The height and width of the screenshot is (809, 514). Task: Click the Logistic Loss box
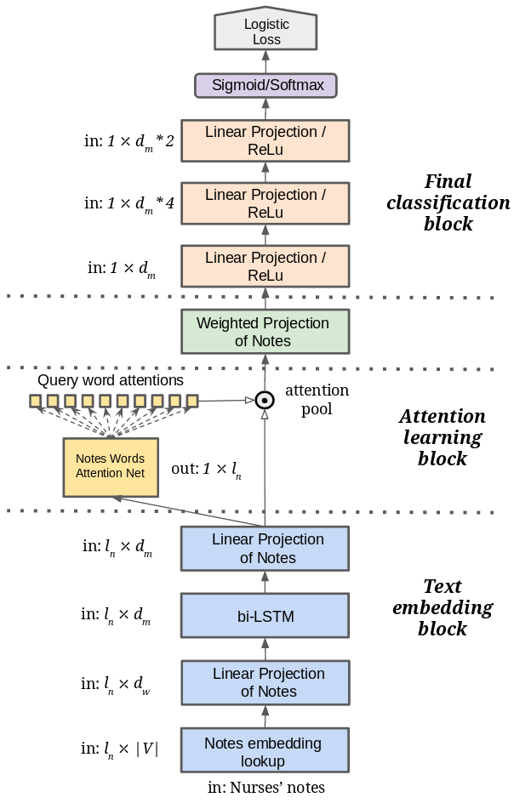coord(266,31)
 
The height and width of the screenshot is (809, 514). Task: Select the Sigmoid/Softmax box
coord(266,85)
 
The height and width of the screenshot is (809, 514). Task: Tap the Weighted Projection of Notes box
coord(266,332)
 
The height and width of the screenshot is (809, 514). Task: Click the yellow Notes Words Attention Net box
coord(111,466)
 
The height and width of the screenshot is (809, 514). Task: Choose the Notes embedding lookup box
coord(266,752)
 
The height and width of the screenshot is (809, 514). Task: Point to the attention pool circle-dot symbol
coord(265,399)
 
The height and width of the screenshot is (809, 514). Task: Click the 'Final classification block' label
coord(448,203)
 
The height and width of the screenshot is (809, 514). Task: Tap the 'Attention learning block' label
coord(443,437)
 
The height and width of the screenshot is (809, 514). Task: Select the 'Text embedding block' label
coord(443,607)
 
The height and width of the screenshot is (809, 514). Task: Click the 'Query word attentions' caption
coord(111,380)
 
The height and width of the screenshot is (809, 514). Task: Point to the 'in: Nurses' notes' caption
coord(266,788)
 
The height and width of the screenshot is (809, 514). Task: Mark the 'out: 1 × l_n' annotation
coord(206,469)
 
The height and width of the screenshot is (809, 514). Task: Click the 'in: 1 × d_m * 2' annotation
coord(129,142)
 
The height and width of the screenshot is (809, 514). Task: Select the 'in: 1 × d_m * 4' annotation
coord(129,203)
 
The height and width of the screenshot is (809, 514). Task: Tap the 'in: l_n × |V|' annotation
coord(120,749)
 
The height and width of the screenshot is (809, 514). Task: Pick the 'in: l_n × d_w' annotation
coord(117,683)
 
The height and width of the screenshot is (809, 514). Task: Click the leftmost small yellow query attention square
coord(35,400)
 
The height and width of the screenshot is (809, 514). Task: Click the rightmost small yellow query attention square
coord(192,400)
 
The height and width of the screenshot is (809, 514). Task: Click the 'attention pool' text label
coord(317,399)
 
